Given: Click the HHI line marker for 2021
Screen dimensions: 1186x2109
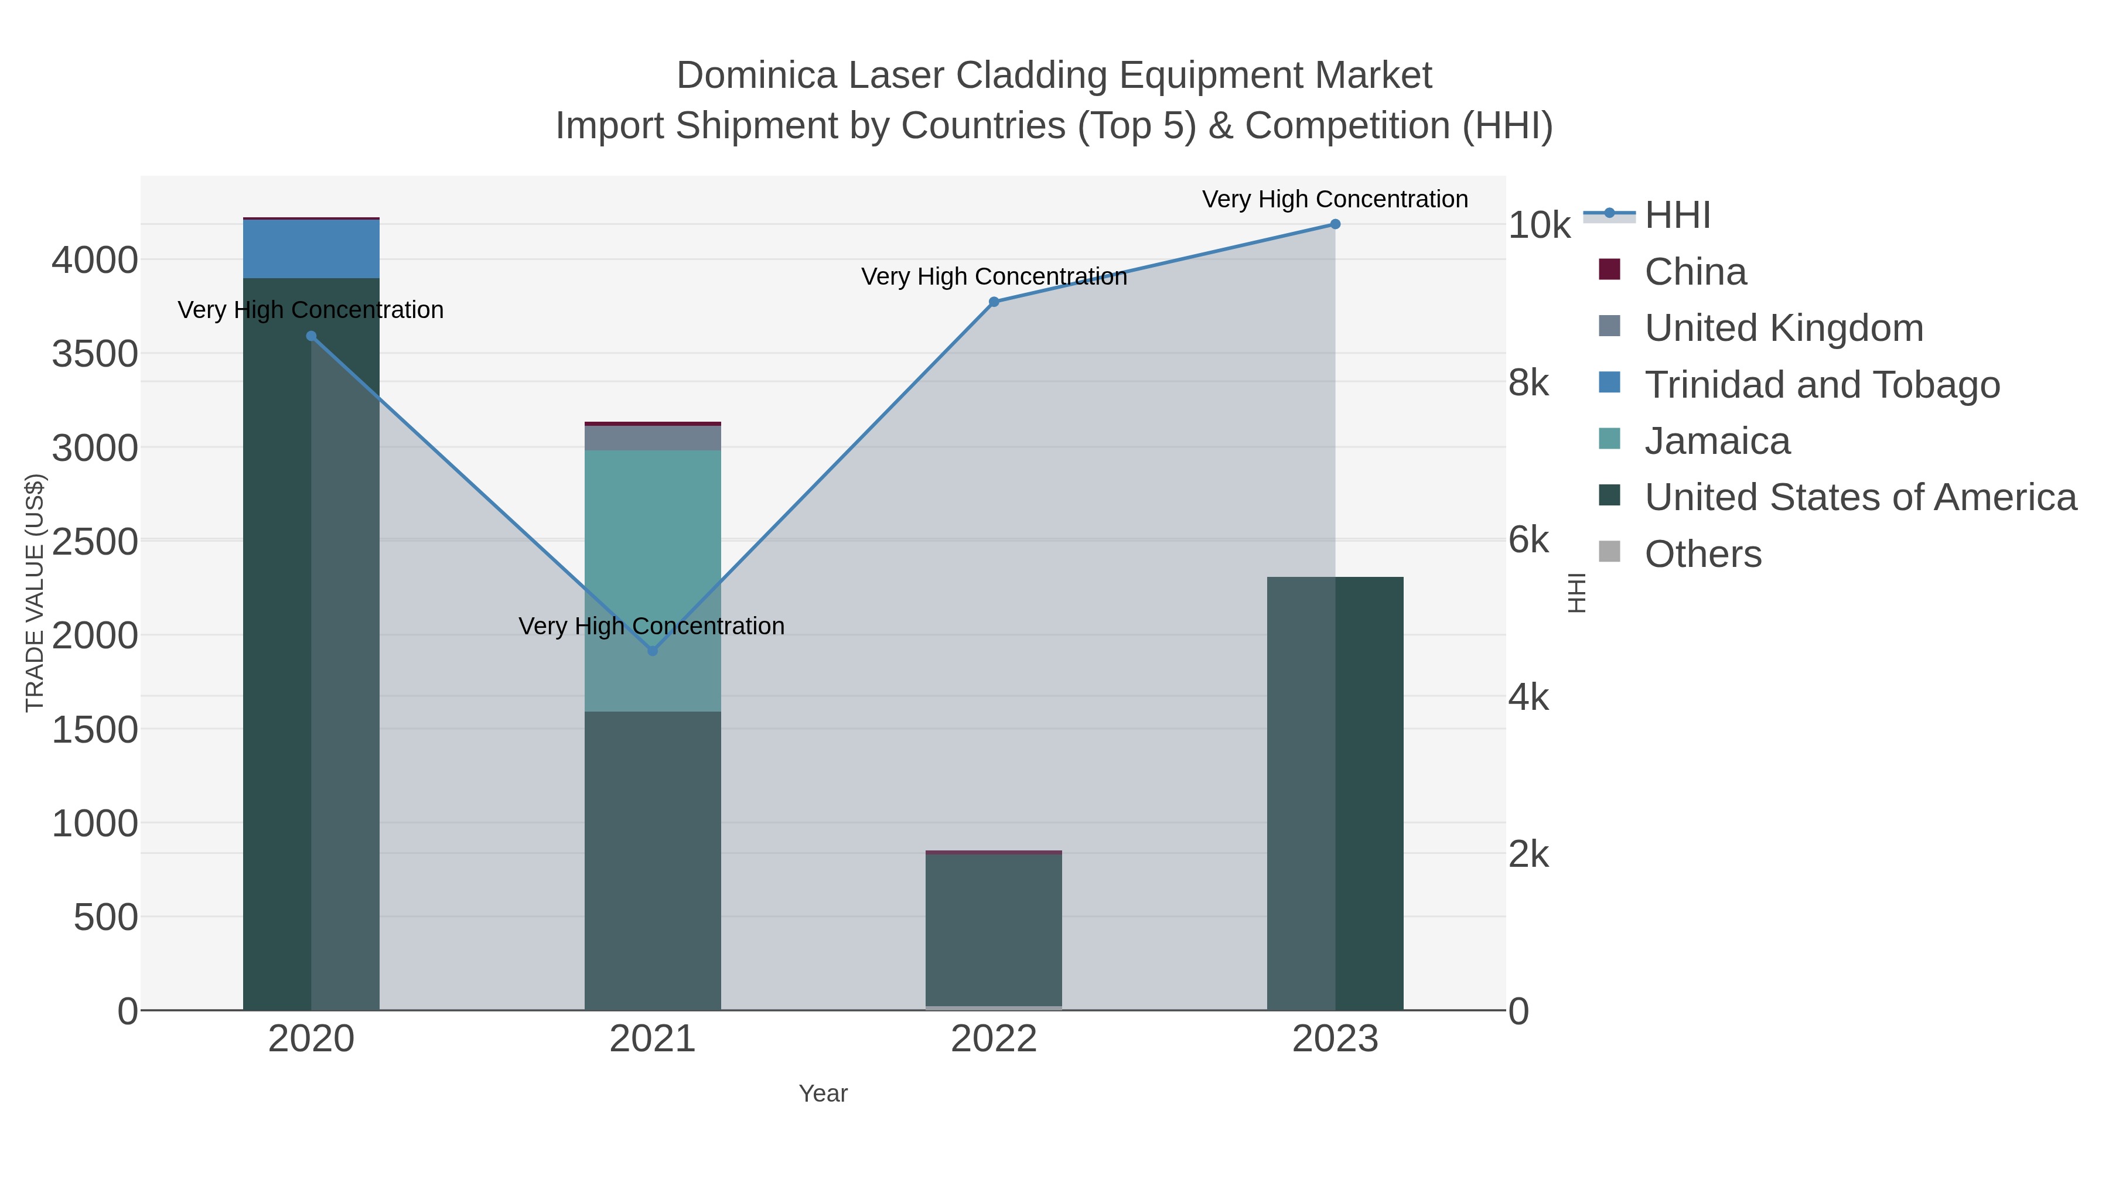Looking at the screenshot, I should [x=653, y=651].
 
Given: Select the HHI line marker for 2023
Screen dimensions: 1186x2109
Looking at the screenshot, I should [x=1335, y=224].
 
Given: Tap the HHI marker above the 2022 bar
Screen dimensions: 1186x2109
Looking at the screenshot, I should [x=994, y=302].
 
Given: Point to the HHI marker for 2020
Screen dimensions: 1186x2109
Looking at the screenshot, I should [x=311, y=336].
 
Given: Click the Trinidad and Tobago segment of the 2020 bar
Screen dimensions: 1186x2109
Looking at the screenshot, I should [x=311, y=249].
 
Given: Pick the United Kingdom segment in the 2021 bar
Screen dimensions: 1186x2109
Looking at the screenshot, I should [x=653, y=438].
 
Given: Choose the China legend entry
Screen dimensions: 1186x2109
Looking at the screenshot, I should [x=1695, y=272].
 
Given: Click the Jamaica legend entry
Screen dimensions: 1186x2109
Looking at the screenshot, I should [x=1717, y=441].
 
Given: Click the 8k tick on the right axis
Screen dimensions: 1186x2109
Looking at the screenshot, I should [x=1528, y=382].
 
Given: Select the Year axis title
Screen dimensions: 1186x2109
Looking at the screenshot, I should [x=823, y=1093].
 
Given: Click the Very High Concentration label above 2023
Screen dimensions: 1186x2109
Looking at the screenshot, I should [x=1335, y=199].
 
